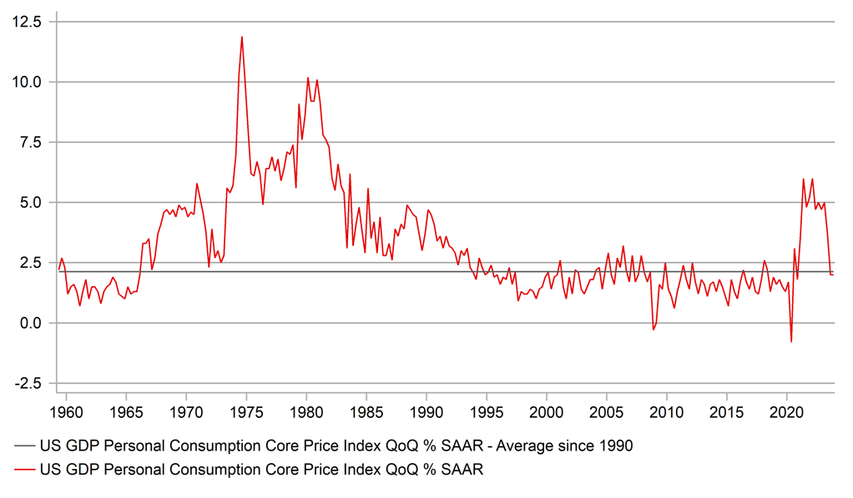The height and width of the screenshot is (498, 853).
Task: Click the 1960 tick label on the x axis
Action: pos(65,412)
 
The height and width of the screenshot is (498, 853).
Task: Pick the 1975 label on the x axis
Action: pos(245,412)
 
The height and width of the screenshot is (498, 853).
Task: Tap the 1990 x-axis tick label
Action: pos(426,412)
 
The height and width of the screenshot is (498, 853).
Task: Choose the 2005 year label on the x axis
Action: pos(607,412)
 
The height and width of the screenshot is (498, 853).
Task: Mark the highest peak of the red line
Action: pos(242,37)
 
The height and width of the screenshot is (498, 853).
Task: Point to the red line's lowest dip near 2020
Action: pos(791,341)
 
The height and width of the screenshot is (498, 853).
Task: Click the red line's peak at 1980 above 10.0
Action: pos(308,78)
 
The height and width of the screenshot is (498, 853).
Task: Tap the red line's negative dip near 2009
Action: pos(654,329)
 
